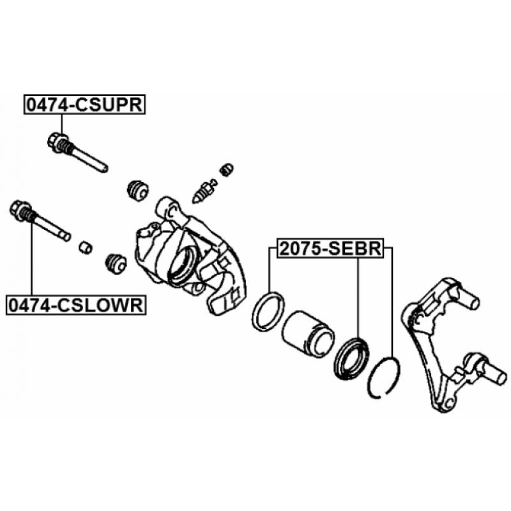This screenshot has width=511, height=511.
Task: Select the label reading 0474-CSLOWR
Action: click(75, 305)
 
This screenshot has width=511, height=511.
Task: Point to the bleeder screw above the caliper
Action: click(202, 189)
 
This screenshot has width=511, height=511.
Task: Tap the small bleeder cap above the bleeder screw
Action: click(224, 169)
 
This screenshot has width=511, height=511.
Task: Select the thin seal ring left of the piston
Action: click(266, 311)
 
